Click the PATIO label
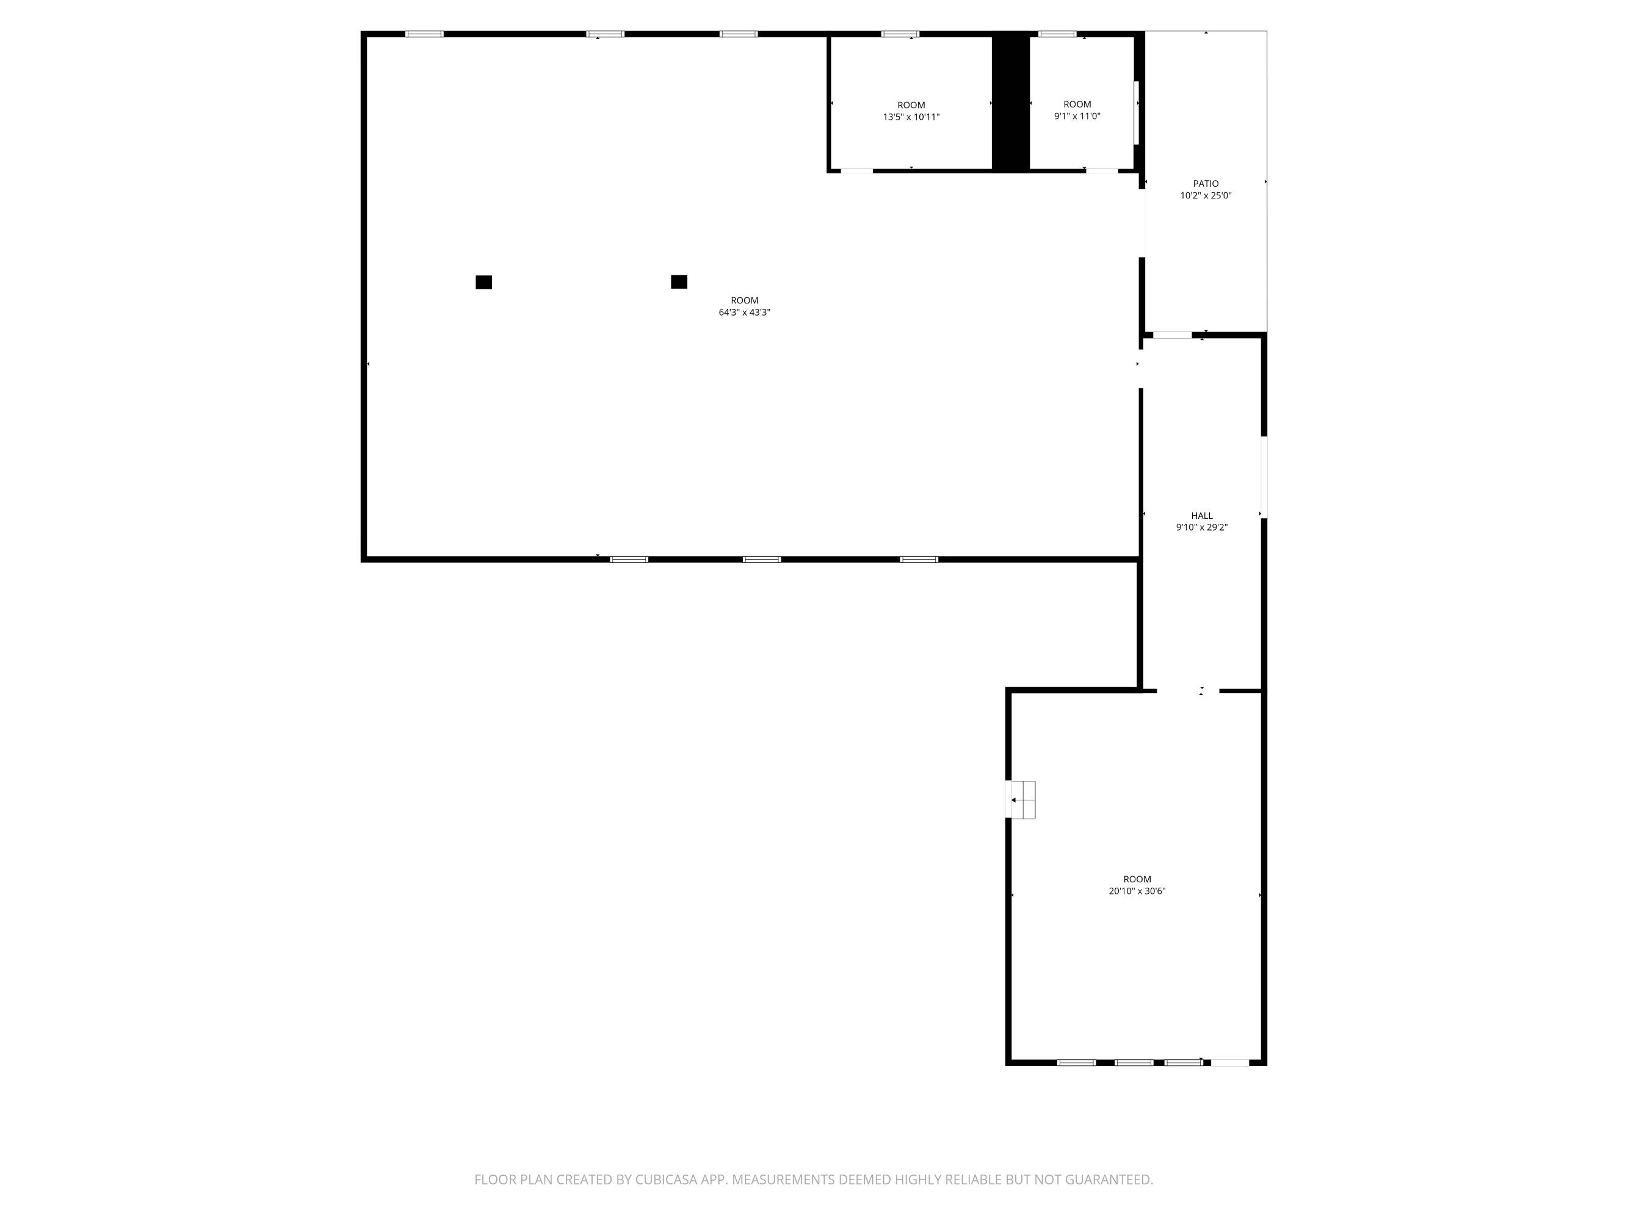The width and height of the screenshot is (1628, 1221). (x=1206, y=184)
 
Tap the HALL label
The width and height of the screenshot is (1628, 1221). (x=1202, y=516)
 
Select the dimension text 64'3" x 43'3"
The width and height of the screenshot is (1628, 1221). (x=744, y=312)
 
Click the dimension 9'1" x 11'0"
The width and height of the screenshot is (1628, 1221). (x=1077, y=116)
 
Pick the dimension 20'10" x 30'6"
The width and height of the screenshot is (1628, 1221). (x=1137, y=891)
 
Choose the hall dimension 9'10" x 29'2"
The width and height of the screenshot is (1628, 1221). (x=1202, y=527)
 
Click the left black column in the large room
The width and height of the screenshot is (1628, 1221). (x=483, y=282)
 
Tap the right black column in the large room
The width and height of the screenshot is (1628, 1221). (x=679, y=282)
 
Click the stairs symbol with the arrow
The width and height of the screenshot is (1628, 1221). (x=1021, y=799)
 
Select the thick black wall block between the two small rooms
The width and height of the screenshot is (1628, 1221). (x=1010, y=103)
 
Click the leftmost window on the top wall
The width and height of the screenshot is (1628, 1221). (x=425, y=34)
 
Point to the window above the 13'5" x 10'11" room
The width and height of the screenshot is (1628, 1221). (x=900, y=34)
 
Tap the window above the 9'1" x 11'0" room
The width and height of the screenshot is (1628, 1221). (x=1057, y=34)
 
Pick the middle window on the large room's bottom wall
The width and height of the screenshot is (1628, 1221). (x=762, y=559)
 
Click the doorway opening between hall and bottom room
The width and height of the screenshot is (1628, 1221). (x=1188, y=690)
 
